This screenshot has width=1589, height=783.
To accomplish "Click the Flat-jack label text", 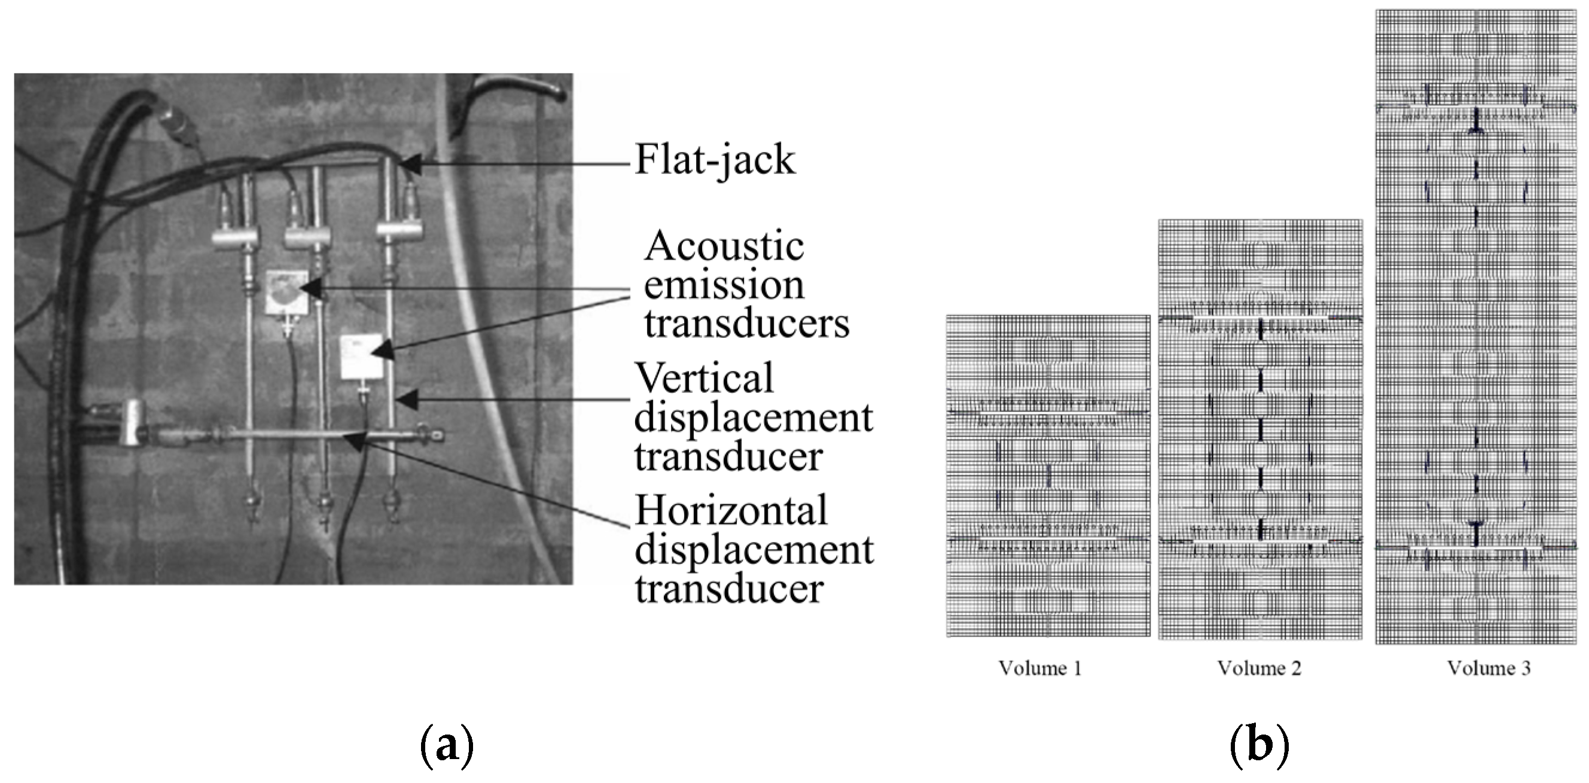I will coord(715,160).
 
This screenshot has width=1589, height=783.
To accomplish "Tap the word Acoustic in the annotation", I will coord(724,246).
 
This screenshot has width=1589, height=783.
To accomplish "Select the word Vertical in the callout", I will coord(703,378).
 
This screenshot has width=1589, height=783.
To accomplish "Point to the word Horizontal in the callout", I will coord(731,510).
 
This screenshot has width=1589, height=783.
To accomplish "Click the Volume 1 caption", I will coord(1040,668).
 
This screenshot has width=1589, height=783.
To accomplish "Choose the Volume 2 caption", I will coord(1259,668).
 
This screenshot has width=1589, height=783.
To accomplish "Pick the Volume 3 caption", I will coord(1489,668).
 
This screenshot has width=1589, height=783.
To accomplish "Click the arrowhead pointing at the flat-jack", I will coord(411,164).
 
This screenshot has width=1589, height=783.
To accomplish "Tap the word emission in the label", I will coord(724,285).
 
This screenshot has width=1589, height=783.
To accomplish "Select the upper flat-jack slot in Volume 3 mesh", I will coord(1475,107).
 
